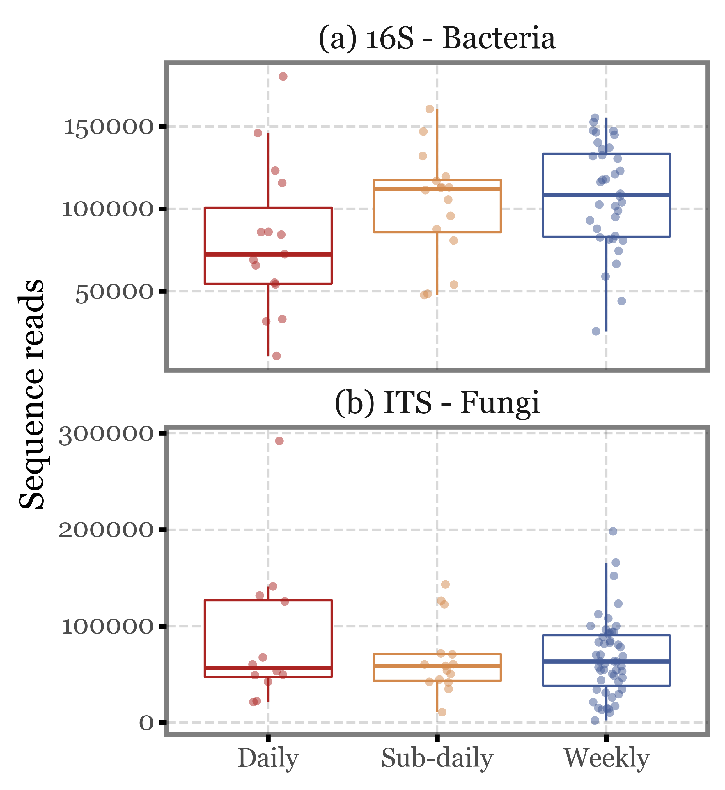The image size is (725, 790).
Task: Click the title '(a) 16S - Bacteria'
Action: [x=437, y=38]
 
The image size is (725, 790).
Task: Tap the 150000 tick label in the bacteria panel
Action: [x=108, y=127]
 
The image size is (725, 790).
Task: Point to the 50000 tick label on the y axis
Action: [x=114, y=292]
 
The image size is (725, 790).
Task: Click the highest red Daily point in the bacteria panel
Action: [x=283, y=76]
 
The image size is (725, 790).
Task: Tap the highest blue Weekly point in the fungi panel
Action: [x=613, y=531]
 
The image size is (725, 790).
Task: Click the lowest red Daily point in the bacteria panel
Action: [x=276, y=356]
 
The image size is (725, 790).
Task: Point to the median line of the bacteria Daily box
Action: [x=268, y=255]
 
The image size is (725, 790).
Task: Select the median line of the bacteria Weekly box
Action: [x=606, y=195]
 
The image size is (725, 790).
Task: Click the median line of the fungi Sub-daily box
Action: [x=437, y=666]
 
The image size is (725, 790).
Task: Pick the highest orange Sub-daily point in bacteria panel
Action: [x=430, y=109]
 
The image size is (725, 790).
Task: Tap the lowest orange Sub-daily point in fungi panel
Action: [x=442, y=712]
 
